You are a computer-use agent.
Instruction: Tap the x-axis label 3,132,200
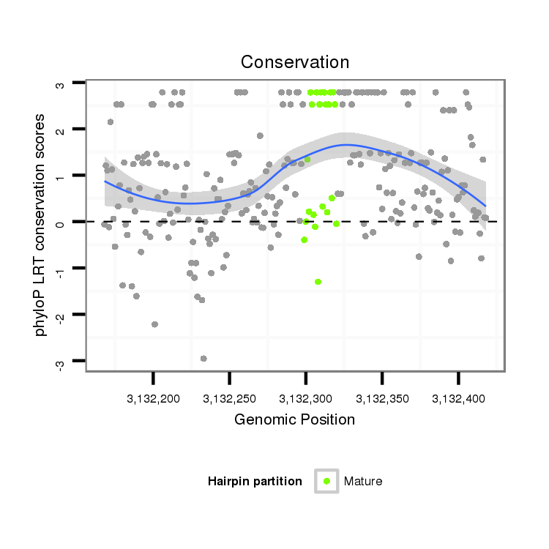153,400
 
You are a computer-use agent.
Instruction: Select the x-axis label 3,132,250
229,400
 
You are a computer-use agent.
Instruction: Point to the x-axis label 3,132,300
305,400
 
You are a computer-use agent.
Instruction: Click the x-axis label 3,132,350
382,400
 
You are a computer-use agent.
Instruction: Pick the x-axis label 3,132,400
458,400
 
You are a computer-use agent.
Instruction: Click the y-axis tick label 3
61,84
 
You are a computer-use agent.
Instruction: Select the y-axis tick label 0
61,223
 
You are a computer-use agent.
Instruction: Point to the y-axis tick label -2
61,316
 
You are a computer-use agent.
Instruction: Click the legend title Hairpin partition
255,482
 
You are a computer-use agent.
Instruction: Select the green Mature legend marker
326,481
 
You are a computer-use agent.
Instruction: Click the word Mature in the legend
363,482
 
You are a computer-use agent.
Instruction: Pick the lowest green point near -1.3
318,282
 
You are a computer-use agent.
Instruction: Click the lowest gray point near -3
203,358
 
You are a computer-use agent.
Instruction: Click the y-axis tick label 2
61,130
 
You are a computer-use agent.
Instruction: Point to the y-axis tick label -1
61,270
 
